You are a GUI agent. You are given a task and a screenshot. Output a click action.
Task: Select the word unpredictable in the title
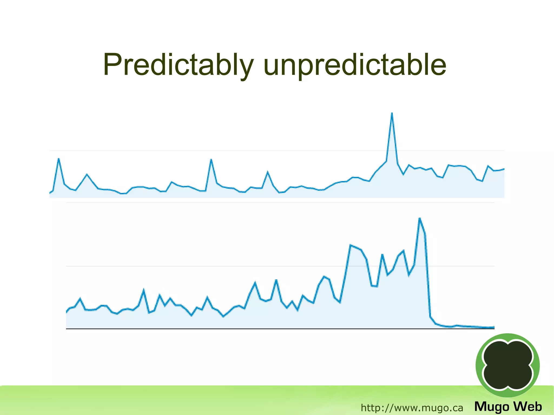354,65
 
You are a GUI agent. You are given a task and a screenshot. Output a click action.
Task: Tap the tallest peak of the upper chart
392,114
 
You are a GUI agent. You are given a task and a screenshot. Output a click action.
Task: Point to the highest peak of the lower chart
420,218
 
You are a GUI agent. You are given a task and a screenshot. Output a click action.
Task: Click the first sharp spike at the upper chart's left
59,159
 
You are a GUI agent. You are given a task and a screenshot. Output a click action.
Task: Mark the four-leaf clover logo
508,365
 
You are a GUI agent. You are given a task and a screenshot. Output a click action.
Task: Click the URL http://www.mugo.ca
412,408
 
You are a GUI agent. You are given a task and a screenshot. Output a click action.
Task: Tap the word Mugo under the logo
492,407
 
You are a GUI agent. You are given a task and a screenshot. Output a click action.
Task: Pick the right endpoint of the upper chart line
504,169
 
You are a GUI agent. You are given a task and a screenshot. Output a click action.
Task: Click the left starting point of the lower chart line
67,312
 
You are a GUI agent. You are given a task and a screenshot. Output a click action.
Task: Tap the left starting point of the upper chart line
50,193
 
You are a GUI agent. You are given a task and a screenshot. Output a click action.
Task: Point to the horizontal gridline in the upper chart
271,151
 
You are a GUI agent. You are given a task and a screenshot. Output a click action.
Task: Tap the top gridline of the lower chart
271,203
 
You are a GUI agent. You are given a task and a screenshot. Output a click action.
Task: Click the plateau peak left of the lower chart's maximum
351,245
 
